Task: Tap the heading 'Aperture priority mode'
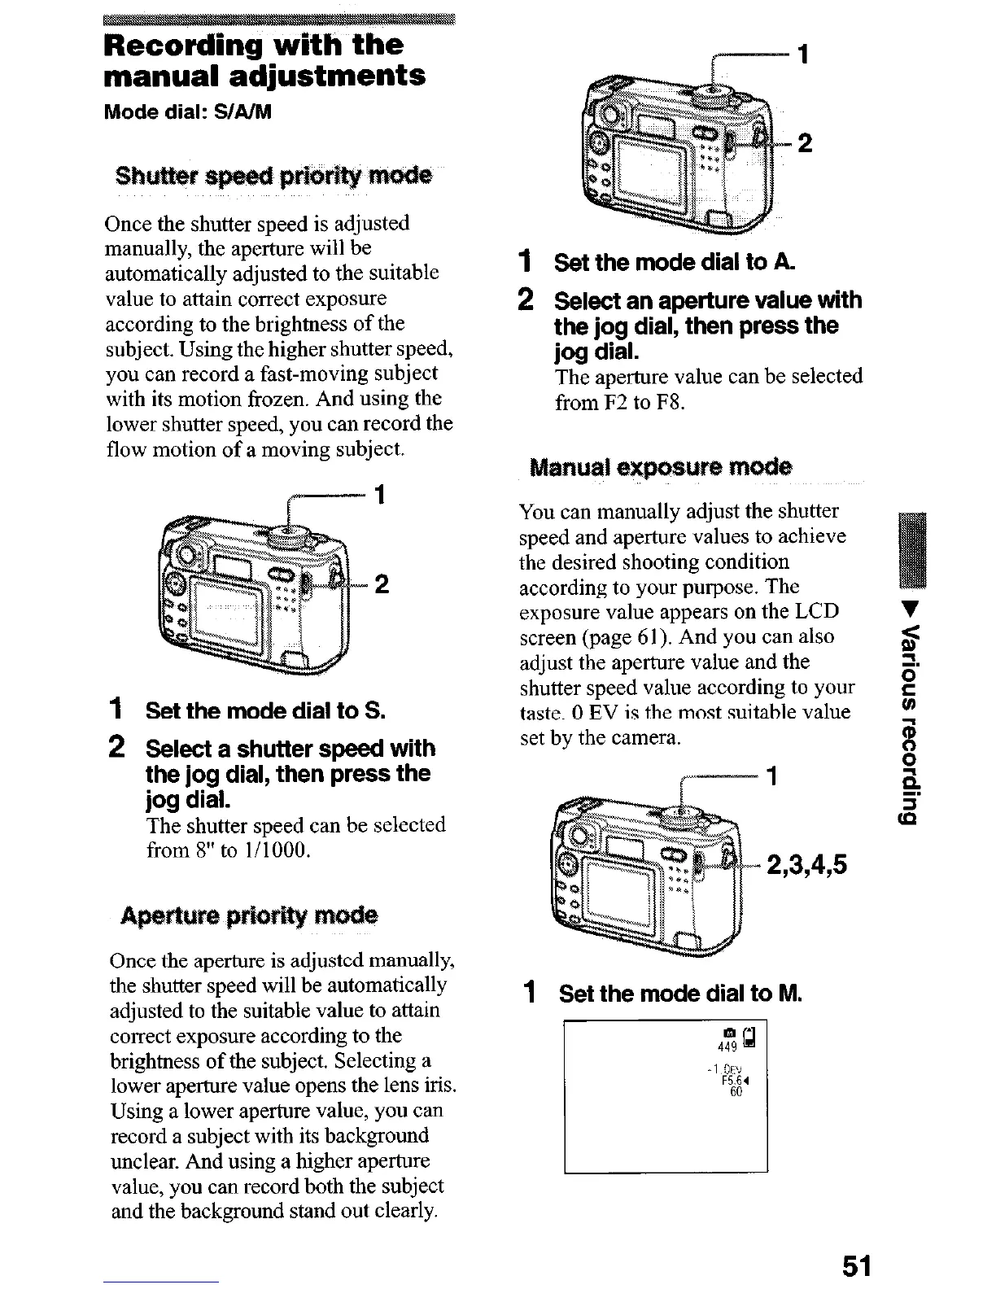249,915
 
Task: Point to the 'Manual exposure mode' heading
660,468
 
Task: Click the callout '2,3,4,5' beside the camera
806,865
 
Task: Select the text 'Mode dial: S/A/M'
187,111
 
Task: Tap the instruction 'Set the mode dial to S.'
265,710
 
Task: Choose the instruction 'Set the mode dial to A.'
675,263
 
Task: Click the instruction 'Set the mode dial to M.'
680,994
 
